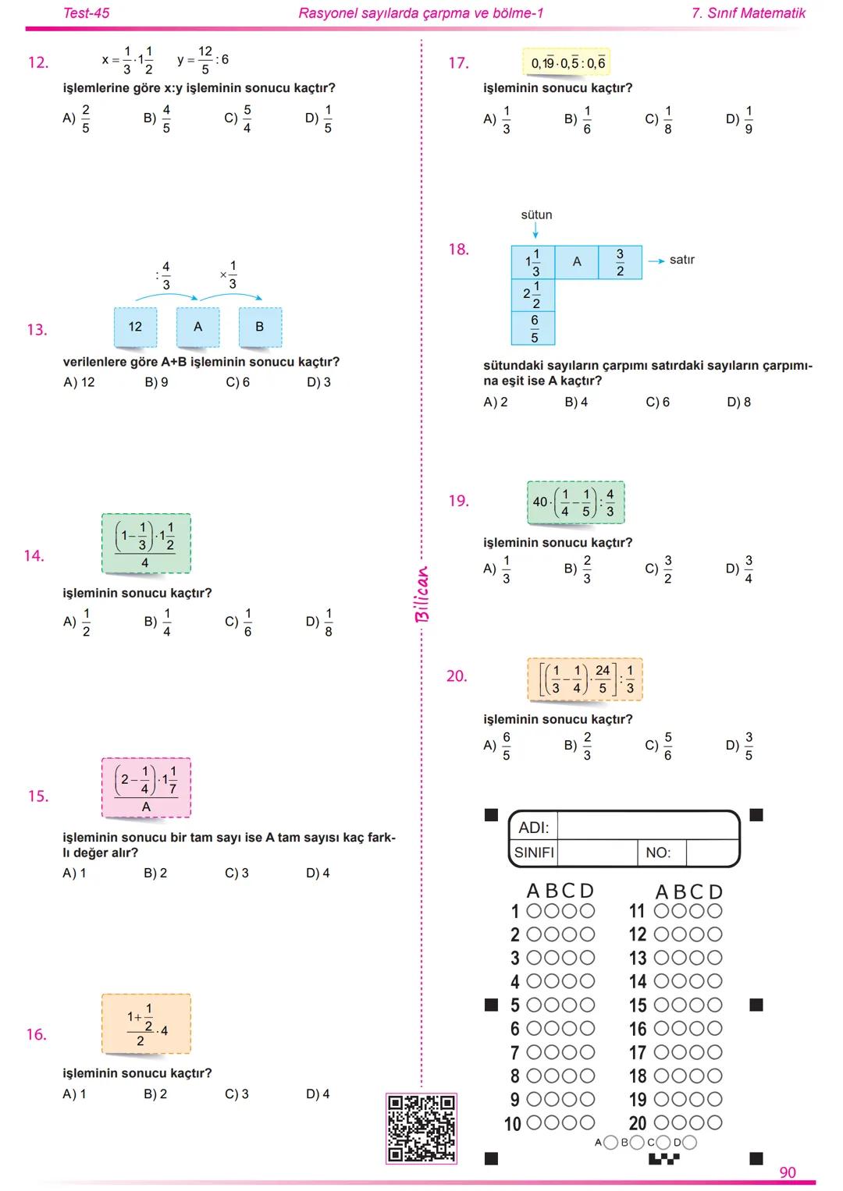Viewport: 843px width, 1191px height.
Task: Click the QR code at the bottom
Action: (421, 1128)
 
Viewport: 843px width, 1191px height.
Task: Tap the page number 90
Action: (788, 1172)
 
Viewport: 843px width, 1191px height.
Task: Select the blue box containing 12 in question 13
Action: (135, 327)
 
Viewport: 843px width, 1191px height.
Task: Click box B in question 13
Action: (260, 327)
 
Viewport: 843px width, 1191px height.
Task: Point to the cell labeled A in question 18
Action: (577, 262)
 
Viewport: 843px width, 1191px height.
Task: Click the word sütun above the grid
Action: (536, 214)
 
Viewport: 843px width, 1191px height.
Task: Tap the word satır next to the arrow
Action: (681, 260)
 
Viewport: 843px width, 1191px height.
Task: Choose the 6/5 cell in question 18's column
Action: (534, 328)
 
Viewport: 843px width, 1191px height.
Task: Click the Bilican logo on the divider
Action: (421, 594)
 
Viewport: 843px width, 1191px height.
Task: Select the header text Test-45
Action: (86, 12)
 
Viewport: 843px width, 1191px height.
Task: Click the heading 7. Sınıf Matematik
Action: (749, 12)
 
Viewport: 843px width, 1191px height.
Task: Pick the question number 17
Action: (458, 63)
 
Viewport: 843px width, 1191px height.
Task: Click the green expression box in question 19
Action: (575, 503)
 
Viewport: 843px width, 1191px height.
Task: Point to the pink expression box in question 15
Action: (146, 788)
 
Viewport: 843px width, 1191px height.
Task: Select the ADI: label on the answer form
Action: (534, 828)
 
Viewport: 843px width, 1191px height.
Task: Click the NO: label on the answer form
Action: (658, 852)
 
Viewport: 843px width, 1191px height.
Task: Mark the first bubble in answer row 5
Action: (535, 1005)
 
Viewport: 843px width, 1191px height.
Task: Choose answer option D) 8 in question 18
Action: (738, 402)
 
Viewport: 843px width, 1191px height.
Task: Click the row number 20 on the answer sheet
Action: (638, 1123)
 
